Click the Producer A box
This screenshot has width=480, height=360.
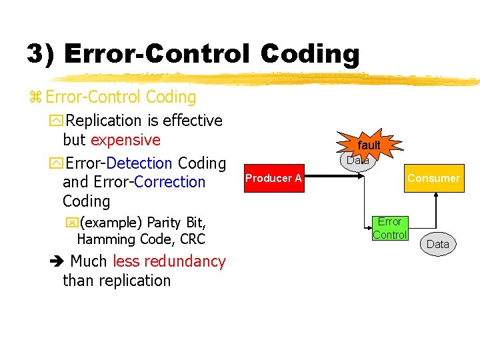tap(273, 178)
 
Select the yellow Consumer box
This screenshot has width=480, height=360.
tap(433, 178)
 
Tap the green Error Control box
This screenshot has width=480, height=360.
tap(389, 228)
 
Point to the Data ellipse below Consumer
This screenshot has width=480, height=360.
tap(437, 244)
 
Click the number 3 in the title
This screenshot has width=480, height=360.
tap(35, 54)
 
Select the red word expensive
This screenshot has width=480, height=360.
tap(125, 140)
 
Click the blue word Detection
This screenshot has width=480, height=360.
tap(139, 163)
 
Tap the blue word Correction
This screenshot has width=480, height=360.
tap(169, 182)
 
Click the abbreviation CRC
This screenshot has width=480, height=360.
tap(192, 239)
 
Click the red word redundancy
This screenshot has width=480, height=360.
tap(169, 261)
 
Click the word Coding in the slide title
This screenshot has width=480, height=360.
tap(310, 54)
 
